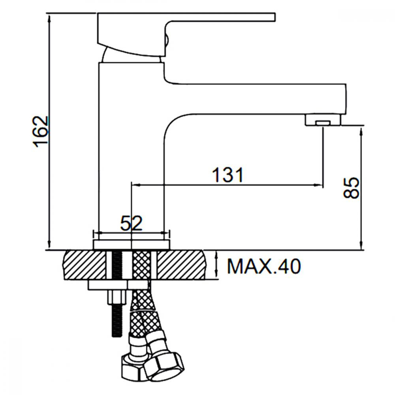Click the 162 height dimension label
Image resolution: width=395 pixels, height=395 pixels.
(x=41, y=132)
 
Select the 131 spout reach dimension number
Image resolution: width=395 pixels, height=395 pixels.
(x=228, y=175)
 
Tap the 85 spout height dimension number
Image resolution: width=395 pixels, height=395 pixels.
(x=352, y=188)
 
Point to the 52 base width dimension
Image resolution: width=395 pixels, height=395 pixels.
(x=131, y=223)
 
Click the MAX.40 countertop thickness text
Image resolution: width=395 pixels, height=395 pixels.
(x=264, y=266)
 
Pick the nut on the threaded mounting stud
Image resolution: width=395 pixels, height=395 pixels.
(x=117, y=297)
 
